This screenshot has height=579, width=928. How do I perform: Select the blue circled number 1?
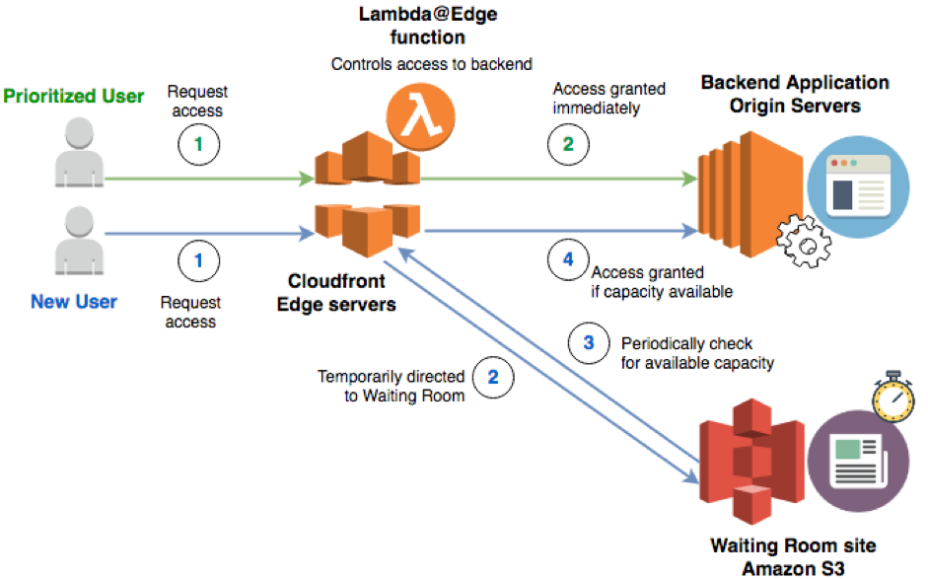(x=197, y=262)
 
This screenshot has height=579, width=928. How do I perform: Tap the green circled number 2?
(x=568, y=144)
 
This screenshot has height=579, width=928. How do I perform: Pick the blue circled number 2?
(x=493, y=376)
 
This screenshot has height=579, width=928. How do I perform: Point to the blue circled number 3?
(x=590, y=343)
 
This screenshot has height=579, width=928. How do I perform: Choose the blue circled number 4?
(x=567, y=260)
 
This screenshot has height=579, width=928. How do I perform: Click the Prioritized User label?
(x=74, y=97)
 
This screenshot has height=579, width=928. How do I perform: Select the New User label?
(x=74, y=302)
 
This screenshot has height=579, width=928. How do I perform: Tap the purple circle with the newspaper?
(x=849, y=462)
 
